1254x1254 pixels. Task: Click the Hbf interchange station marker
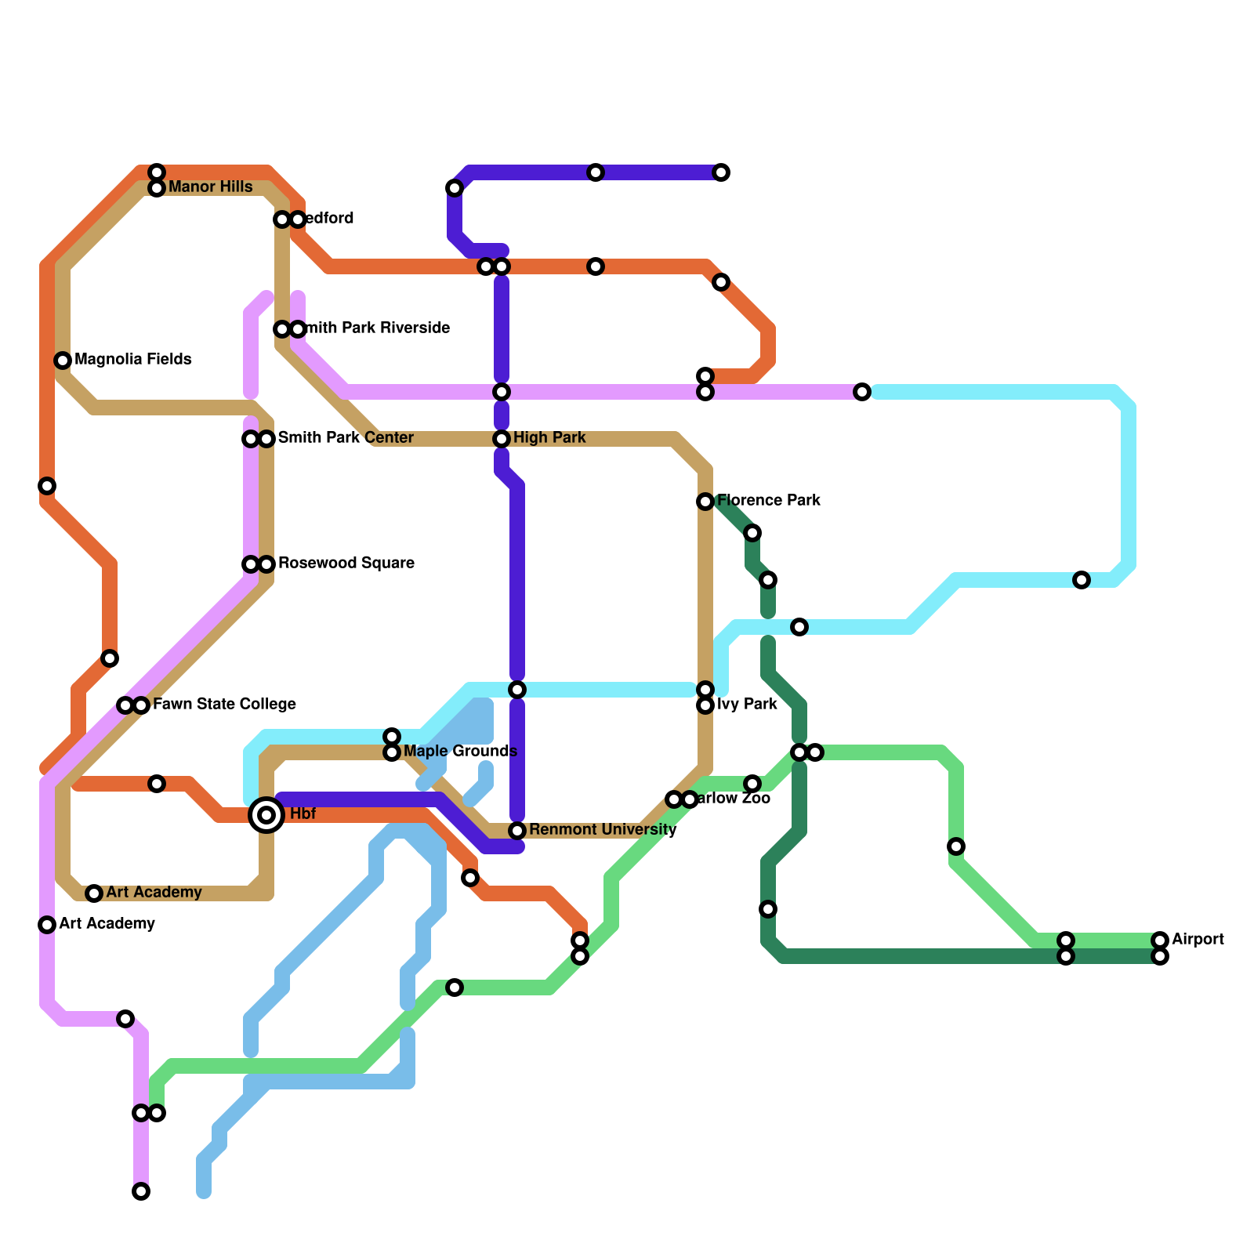point(266,815)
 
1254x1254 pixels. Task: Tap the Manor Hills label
point(210,187)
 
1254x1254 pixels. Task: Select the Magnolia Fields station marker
point(63,361)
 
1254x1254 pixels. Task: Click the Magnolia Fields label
point(132,360)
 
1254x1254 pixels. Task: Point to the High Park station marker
point(502,439)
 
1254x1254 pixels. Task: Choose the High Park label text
point(549,438)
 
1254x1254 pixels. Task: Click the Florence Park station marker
point(705,502)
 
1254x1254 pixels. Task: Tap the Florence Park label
point(768,501)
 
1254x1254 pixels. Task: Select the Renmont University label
point(602,830)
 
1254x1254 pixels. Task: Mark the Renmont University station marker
point(517,831)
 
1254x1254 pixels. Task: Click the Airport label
point(1198,940)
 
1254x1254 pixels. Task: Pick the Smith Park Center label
point(346,438)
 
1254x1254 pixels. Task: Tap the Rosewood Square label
point(346,564)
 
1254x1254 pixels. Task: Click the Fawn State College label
point(224,705)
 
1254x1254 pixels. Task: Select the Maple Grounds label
point(460,752)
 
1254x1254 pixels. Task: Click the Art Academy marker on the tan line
point(94,893)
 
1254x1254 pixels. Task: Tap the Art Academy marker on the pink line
point(47,925)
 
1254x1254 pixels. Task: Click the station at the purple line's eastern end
point(721,172)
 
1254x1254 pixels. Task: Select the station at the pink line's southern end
point(141,1191)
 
